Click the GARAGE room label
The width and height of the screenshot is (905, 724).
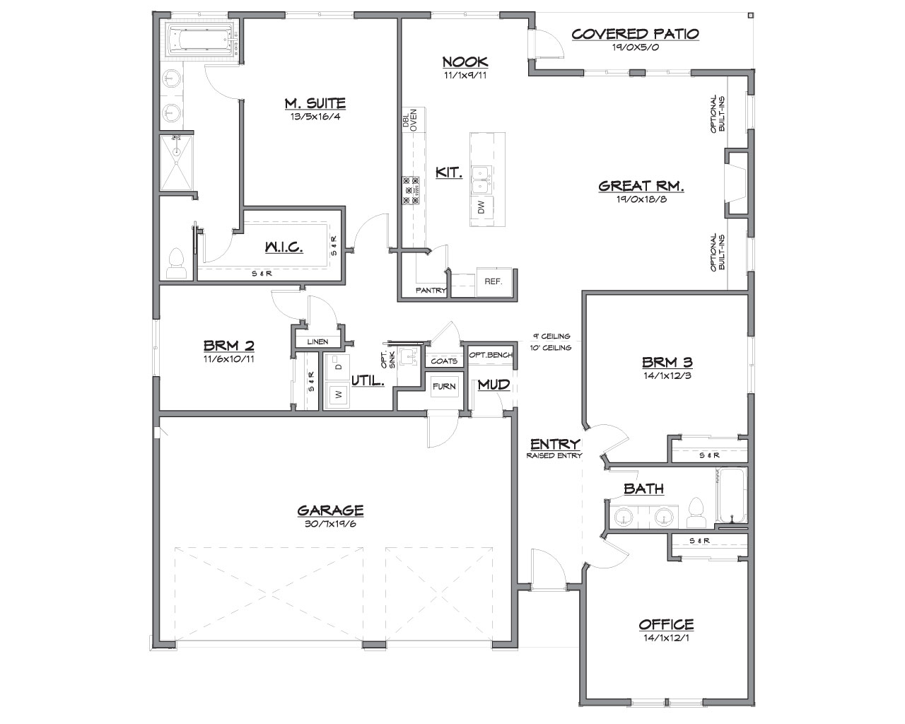330,510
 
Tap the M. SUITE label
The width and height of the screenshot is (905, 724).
315,103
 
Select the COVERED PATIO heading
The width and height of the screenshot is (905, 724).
635,34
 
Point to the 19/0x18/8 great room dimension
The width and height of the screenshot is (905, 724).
641,199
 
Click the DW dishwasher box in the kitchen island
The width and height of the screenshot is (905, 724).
482,207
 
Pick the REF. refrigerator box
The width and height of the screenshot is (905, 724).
494,281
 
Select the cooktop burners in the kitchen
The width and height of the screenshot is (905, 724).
411,191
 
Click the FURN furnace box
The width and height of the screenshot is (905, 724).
444,386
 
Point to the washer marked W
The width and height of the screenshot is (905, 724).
338,395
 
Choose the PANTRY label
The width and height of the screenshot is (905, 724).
431,291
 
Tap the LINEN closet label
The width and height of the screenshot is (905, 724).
317,341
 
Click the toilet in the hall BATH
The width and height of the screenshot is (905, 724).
696,513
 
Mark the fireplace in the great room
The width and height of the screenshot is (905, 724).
736,183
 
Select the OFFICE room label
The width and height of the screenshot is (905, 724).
667,625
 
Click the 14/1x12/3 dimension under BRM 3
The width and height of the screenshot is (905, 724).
667,375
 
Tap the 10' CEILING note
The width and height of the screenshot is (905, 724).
551,348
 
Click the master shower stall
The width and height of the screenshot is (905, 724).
177,163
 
